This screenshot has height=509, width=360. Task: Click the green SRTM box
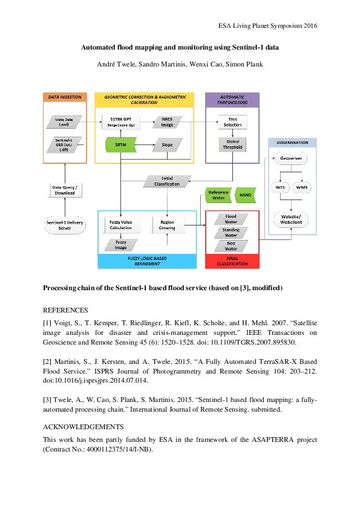(120, 144)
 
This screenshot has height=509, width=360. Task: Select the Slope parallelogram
(167, 144)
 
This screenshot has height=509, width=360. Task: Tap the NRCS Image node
(167, 122)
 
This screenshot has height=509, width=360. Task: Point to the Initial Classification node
(167, 181)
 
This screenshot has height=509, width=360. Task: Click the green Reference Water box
(218, 195)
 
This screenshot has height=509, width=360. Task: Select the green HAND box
(245, 195)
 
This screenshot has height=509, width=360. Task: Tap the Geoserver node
(291, 158)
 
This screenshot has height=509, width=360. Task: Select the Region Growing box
(168, 225)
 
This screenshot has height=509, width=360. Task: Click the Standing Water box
(231, 232)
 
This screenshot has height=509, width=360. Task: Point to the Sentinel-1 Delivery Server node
(65, 225)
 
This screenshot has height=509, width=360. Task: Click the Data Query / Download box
(65, 190)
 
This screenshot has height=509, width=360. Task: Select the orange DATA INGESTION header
(65, 97)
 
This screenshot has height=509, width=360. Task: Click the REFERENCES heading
(65, 310)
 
